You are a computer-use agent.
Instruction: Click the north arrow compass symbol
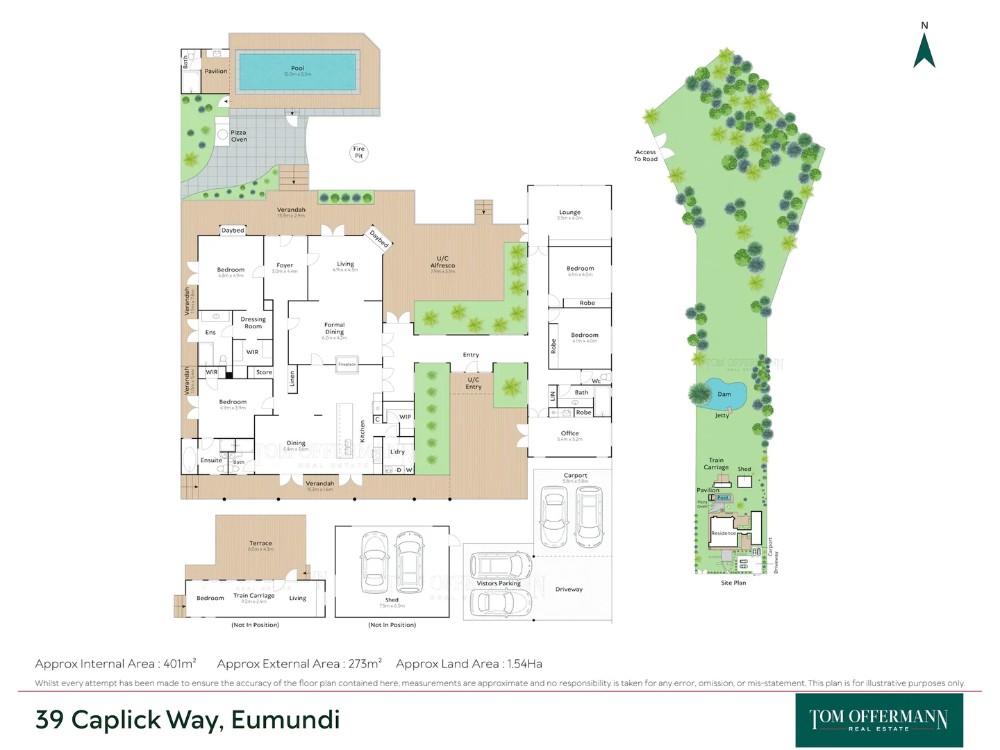[924, 50]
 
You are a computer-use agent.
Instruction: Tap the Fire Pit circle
[358, 152]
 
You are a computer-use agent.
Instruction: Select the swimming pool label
[297, 69]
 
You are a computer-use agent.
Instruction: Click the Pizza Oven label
[238, 136]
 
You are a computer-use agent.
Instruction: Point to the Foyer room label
[285, 266]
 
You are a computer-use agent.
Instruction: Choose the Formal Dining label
[334, 328]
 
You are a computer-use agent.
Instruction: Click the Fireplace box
[347, 365]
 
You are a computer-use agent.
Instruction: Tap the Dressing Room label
[253, 323]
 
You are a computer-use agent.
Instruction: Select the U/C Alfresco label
[442, 262]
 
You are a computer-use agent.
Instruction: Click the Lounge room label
[569, 212]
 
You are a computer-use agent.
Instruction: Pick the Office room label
[569, 433]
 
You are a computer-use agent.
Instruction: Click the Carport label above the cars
[575, 476]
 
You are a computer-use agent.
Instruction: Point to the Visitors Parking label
[499, 583]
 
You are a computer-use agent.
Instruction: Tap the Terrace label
[260, 544]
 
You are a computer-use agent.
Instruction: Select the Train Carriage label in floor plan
[253, 596]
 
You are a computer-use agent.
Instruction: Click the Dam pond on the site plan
[724, 394]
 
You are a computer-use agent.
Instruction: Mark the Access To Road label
[645, 156]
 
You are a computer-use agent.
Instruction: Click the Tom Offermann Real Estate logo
[878, 720]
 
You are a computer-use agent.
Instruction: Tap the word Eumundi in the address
[285, 720]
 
